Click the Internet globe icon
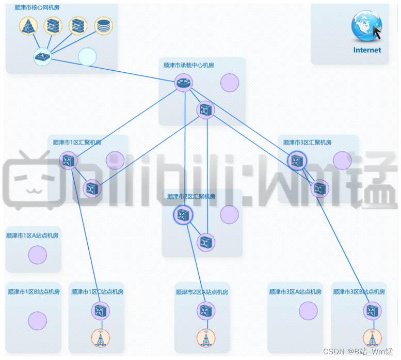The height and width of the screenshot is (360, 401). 366,26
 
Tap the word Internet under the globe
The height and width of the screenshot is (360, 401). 367,50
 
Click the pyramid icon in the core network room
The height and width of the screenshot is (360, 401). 29,25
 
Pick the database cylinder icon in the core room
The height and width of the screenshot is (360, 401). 104,25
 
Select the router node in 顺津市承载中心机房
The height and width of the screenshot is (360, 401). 183,82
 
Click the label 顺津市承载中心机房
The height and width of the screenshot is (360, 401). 188,66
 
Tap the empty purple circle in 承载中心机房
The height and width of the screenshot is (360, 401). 230,83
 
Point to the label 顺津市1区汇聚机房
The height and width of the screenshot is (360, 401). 77,143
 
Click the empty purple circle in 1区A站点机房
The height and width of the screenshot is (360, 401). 37,255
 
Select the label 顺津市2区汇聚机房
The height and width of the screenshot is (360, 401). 191,196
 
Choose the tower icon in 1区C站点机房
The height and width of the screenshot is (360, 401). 100,338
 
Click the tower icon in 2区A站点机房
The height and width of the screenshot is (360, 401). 206,338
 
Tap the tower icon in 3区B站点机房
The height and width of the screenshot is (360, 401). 372,338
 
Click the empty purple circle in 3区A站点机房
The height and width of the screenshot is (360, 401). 308,310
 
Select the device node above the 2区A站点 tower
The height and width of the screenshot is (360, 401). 206,311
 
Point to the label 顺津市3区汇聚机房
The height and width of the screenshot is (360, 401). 307,143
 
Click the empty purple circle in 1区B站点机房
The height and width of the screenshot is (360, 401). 37,321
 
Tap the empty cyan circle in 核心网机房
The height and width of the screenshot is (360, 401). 87,57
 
